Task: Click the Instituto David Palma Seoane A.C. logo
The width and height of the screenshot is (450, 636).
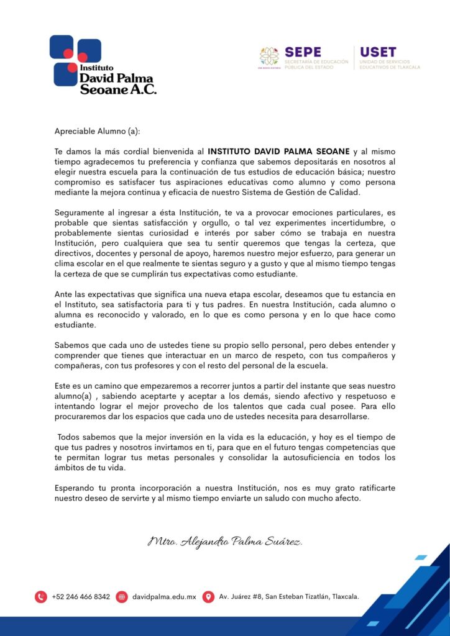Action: tap(103, 65)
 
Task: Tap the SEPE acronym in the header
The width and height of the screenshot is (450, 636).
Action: tap(303, 52)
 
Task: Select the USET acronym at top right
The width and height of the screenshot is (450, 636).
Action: tap(377, 52)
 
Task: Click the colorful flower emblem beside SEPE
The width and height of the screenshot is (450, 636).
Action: tap(269, 57)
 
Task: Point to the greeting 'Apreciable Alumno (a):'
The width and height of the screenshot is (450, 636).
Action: tap(98, 131)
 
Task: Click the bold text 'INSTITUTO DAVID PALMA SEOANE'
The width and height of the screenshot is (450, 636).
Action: tap(279, 151)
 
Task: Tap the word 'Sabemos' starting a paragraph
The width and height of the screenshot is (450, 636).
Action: tap(71, 345)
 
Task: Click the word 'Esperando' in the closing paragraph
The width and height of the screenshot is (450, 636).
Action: tap(74, 488)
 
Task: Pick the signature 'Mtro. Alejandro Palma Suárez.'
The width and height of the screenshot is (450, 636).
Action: tap(225, 542)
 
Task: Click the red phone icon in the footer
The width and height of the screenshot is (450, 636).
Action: tap(41, 597)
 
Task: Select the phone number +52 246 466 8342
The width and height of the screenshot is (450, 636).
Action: tap(81, 597)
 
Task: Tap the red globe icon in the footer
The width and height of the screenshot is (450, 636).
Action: tap(122, 597)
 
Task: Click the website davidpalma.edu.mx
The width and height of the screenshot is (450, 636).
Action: tap(164, 597)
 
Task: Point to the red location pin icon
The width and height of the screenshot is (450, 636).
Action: tap(208, 597)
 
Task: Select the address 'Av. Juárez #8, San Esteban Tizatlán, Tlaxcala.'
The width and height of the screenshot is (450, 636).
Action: tap(289, 597)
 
